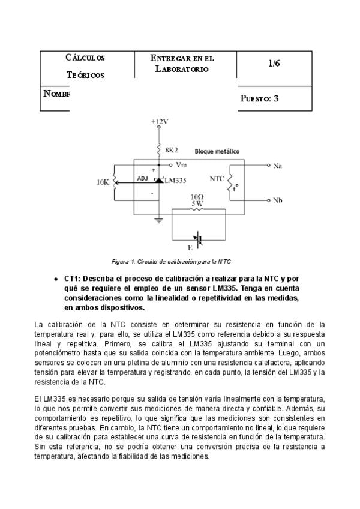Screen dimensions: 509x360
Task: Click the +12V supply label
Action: pyautogui.click(x=160, y=122)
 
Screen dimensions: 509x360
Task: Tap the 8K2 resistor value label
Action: pyautogui.click(x=172, y=150)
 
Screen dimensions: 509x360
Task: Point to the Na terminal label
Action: pyautogui.click(x=277, y=166)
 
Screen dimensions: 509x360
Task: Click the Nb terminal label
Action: pyautogui.click(x=277, y=200)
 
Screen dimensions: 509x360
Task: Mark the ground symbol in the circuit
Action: pyautogui.click(x=159, y=220)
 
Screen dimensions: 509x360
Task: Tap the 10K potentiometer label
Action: pyautogui.click(x=103, y=182)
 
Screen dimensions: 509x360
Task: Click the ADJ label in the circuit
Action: pyautogui.click(x=142, y=178)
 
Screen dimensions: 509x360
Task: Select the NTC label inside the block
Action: pyautogui.click(x=217, y=179)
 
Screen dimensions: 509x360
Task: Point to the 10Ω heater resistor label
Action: pyautogui.click(x=197, y=197)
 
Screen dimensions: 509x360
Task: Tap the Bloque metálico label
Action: pyautogui.click(x=217, y=151)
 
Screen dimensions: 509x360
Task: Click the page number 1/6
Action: pyautogui.click(x=274, y=63)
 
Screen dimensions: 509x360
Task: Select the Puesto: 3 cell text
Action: pyautogui.click(x=259, y=99)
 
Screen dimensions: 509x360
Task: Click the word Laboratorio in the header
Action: pyautogui.click(x=182, y=69)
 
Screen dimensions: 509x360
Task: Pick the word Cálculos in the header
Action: pyautogui.click(x=85, y=58)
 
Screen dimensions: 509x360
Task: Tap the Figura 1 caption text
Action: pyautogui.click(x=171, y=262)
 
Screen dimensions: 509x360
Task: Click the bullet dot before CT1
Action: pyautogui.click(x=56, y=279)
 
